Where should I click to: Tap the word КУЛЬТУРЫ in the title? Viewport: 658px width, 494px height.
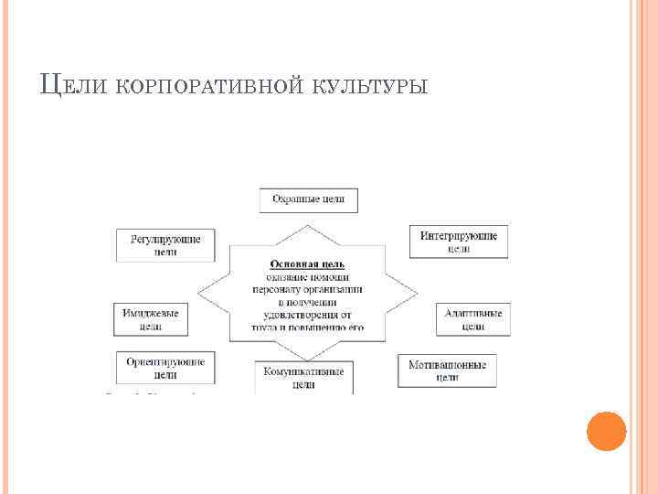(x=369, y=86)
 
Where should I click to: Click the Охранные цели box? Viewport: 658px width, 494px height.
(x=309, y=200)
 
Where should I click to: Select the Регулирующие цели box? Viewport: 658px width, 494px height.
(x=165, y=245)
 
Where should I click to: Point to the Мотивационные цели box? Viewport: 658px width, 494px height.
(x=447, y=370)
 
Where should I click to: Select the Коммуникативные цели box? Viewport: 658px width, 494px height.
(x=303, y=378)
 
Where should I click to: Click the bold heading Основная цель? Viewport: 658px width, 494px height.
(x=307, y=263)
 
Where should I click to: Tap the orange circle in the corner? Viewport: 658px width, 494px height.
(x=606, y=431)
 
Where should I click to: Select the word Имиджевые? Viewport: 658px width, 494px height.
(x=151, y=313)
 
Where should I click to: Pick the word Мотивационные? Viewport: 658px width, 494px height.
(x=447, y=364)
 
